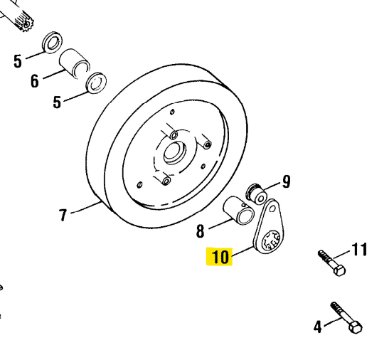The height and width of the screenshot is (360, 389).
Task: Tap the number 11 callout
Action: (360, 249)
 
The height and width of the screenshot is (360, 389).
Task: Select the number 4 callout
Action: (318, 327)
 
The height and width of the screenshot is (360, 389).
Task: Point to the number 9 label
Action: (286, 181)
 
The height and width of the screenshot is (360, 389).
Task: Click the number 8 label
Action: (200, 231)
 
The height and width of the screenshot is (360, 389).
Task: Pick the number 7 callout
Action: (63, 214)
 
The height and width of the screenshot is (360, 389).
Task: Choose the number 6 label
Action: (34, 80)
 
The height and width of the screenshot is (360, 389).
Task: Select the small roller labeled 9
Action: (255, 192)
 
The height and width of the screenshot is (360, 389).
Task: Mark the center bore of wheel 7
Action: (173, 152)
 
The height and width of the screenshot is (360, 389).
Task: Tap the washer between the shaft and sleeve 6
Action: (52, 42)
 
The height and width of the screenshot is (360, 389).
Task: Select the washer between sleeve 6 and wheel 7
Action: (95, 83)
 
